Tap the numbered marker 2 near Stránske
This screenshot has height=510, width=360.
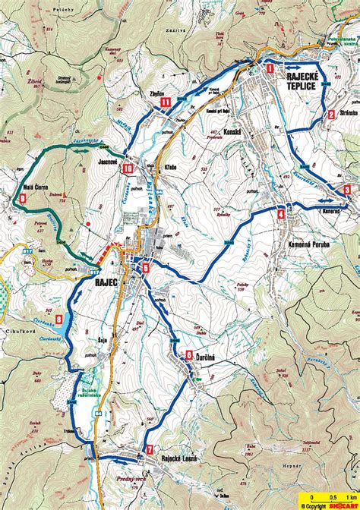click(x=331, y=115)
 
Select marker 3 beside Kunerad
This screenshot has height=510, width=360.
click(x=347, y=189)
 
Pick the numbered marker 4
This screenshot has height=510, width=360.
click(x=281, y=214)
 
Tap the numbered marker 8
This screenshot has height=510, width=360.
click(x=59, y=320)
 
